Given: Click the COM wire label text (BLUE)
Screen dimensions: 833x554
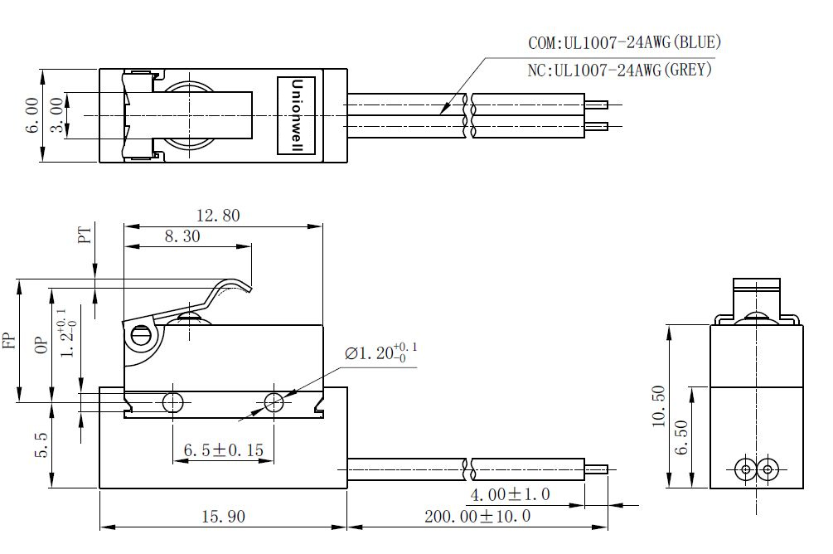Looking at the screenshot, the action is pyautogui.click(x=625, y=42).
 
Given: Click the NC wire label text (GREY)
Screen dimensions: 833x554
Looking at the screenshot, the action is pyautogui.click(x=619, y=70).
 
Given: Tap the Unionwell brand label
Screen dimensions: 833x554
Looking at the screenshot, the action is pyautogui.click(x=297, y=115).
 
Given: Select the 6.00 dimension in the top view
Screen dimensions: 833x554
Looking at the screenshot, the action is pyautogui.click(x=31, y=114).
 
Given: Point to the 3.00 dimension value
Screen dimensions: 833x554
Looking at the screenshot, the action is pyautogui.click(x=56, y=114).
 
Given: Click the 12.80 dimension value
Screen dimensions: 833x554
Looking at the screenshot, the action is pyautogui.click(x=218, y=216).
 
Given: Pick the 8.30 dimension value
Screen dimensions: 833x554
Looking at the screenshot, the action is pyautogui.click(x=182, y=236).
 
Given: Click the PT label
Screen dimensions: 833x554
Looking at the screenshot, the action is pyautogui.click(x=85, y=234).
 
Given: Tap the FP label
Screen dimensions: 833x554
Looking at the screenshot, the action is pyautogui.click(x=10, y=338).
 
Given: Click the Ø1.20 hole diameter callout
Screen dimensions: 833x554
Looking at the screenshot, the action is pyautogui.click(x=380, y=352).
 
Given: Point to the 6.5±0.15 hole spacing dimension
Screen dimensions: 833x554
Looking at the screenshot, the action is pyautogui.click(x=224, y=450).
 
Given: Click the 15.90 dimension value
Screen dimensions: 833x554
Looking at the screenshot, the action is pyautogui.click(x=224, y=516).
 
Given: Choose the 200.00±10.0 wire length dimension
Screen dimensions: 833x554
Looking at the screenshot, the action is pyautogui.click(x=477, y=516).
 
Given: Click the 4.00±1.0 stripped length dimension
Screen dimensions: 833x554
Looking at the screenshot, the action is pyautogui.click(x=510, y=494).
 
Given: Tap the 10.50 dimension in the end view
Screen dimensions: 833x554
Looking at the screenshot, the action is pyautogui.click(x=659, y=406).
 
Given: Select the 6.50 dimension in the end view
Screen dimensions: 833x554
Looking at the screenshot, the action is pyautogui.click(x=681, y=438).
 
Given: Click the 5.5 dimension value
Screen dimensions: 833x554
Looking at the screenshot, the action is pyautogui.click(x=41, y=445).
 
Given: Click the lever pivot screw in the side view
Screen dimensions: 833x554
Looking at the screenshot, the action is pyautogui.click(x=140, y=337).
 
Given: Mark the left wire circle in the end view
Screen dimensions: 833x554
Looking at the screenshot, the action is pyautogui.click(x=746, y=469).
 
